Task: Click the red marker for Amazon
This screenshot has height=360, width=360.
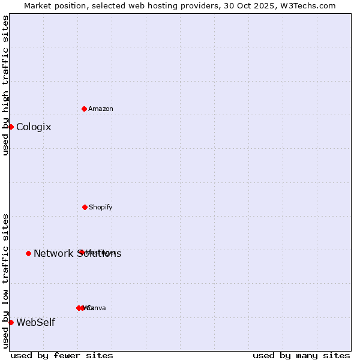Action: (x=85, y=109)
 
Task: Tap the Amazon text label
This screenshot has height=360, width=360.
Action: (x=101, y=109)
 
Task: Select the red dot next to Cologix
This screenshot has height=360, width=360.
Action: (x=11, y=127)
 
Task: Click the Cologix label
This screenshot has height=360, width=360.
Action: (x=34, y=127)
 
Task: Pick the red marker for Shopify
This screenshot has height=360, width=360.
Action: (x=85, y=207)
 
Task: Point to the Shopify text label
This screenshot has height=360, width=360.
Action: (x=101, y=207)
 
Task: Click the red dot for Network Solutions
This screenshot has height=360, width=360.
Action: (x=28, y=253)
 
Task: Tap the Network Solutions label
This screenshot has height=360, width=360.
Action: (x=77, y=254)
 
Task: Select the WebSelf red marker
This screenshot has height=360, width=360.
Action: (x=11, y=322)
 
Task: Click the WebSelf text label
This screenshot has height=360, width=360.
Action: (x=35, y=323)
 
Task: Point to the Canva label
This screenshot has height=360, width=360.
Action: (x=97, y=308)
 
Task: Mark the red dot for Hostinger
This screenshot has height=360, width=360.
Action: (x=81, y=252)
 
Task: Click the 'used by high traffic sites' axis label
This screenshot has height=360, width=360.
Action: (x=5, y=85)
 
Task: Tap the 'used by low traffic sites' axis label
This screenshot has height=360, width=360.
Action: (x=5, y=280)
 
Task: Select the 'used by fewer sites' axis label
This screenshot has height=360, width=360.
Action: (x=62, y=355)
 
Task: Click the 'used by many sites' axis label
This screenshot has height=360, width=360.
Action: (x=301, y=355)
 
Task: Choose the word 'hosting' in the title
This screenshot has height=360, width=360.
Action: (x=164, y=5)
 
